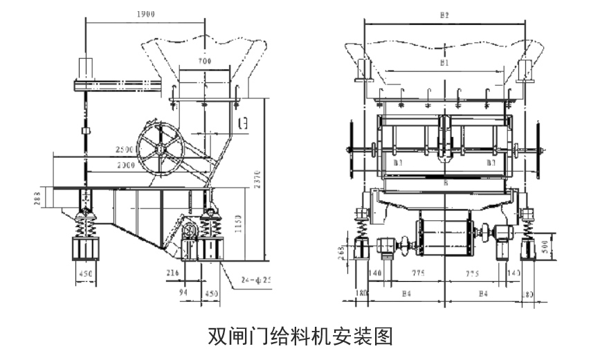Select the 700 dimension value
click(204, 61)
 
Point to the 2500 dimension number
click(125, 150)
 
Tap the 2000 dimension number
click(125, 165)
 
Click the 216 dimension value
click(173, 273)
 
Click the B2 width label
click(445, 14)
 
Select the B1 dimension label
click(445, 62)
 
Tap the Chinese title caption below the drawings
click(300, 336)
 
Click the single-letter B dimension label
click(445, 183)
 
